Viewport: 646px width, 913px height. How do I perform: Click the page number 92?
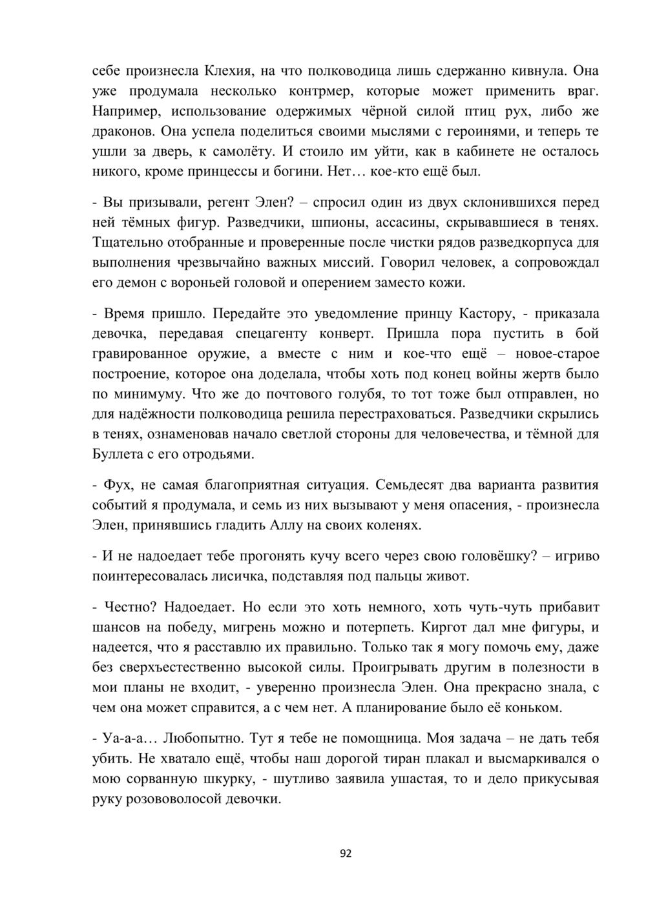346,854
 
